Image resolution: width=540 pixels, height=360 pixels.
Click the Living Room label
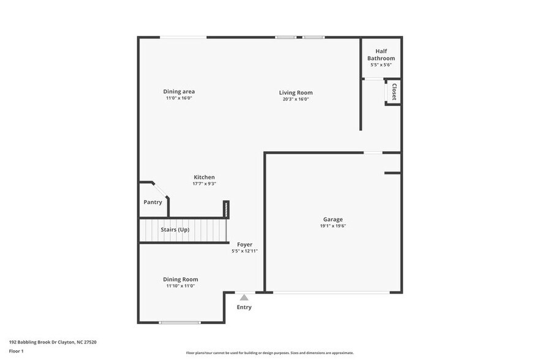tap(296, 92)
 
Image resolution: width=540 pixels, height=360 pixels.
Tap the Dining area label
tap(179, 91)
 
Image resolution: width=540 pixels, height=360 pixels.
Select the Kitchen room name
tap(204, 177)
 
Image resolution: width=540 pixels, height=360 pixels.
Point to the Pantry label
tap(152, 202)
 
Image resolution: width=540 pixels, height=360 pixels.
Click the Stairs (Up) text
tap(175, 230)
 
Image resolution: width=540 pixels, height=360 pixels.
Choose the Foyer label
tap(244, 244)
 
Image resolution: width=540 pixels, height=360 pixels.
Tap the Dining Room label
tap(180, 279)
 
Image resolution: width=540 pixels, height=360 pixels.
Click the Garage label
tap(333, 219)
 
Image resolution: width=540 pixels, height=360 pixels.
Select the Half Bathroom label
tap(381, 55)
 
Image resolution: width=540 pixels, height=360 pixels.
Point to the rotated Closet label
tap(394, 92)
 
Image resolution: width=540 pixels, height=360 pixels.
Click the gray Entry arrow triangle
tap(244, 298)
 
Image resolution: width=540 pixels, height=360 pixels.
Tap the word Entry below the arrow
tap(244, 307)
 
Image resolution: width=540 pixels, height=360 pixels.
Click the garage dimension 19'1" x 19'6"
tap(333, 226)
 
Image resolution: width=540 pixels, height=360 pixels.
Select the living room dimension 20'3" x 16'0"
tap(296, 99)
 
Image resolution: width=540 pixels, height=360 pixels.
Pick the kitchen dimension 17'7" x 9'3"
tap(204, 184)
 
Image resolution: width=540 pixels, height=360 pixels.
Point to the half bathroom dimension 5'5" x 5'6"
tap(381, 64)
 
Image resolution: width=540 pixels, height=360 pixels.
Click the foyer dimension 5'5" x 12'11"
tap(244, 251)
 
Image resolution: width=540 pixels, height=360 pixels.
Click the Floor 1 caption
tap(16, 351)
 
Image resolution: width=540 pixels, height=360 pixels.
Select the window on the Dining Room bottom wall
tap(179, 323)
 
